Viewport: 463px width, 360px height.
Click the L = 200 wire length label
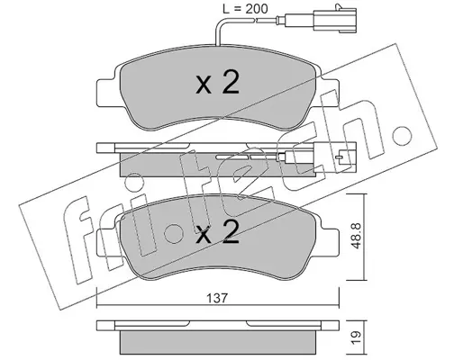(245, 9)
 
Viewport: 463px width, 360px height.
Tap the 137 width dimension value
(217, 298)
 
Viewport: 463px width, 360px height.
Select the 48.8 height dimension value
(356, 236)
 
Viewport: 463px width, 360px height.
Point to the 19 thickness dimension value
(356, 337)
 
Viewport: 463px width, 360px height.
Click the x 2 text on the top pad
(217, 83)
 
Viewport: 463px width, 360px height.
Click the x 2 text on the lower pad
(217, 232)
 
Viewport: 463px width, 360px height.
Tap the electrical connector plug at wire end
(335, 19)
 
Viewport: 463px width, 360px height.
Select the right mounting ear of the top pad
(330, 93)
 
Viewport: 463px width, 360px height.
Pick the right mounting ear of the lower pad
(330, 242)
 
